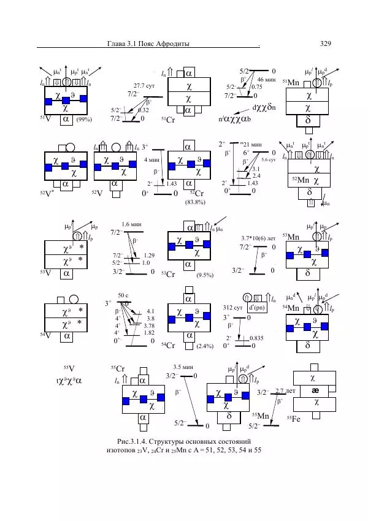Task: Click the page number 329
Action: click(326, 44)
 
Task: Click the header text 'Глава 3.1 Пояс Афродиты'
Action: click(147, 44)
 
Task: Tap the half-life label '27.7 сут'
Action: click(143, 86)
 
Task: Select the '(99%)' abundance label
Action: click(83, 121)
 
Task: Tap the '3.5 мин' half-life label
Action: click(183, 367)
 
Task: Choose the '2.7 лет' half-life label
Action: click(286, 390)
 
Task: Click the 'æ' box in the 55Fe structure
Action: click(315, 390)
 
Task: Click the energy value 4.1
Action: click(150, 311)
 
